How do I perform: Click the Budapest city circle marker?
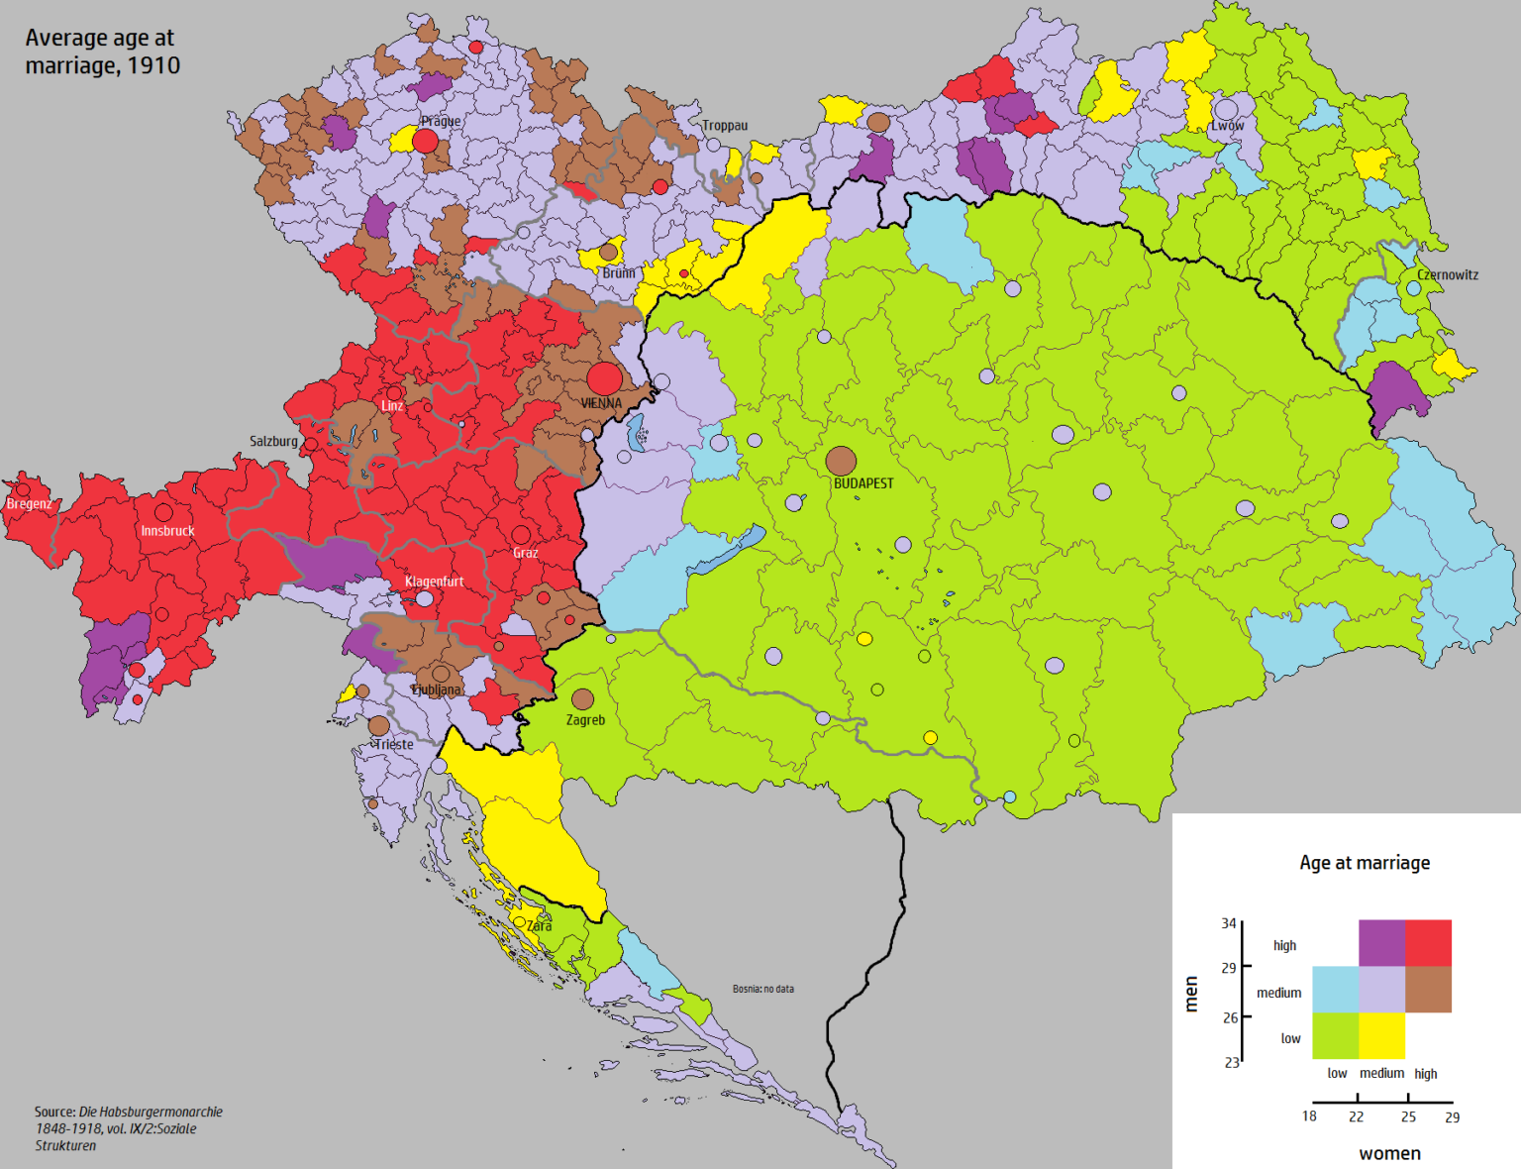[841, 461]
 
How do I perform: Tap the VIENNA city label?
[601, 403]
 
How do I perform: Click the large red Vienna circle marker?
[604, 378]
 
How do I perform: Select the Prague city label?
[441, 121]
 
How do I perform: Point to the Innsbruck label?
[167, 531]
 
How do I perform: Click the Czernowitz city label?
[1447, 274]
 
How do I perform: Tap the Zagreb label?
[585, 720]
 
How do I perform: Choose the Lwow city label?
[1227, 126]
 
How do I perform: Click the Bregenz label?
[29, 503]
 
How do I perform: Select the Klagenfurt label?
[434, 582]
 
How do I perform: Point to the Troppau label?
[725, 126]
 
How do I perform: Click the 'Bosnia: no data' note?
[762, 989]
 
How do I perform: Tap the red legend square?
[1428, 943]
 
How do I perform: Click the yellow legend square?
[1381, 1035]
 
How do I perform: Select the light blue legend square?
[1335, 989]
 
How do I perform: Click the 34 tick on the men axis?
[1229, 923]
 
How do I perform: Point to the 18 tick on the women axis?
[1309, 1116]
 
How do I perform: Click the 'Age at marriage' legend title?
[1365, 863]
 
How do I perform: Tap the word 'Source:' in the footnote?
[55, 1112]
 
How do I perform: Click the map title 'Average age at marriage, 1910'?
[102, 52]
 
